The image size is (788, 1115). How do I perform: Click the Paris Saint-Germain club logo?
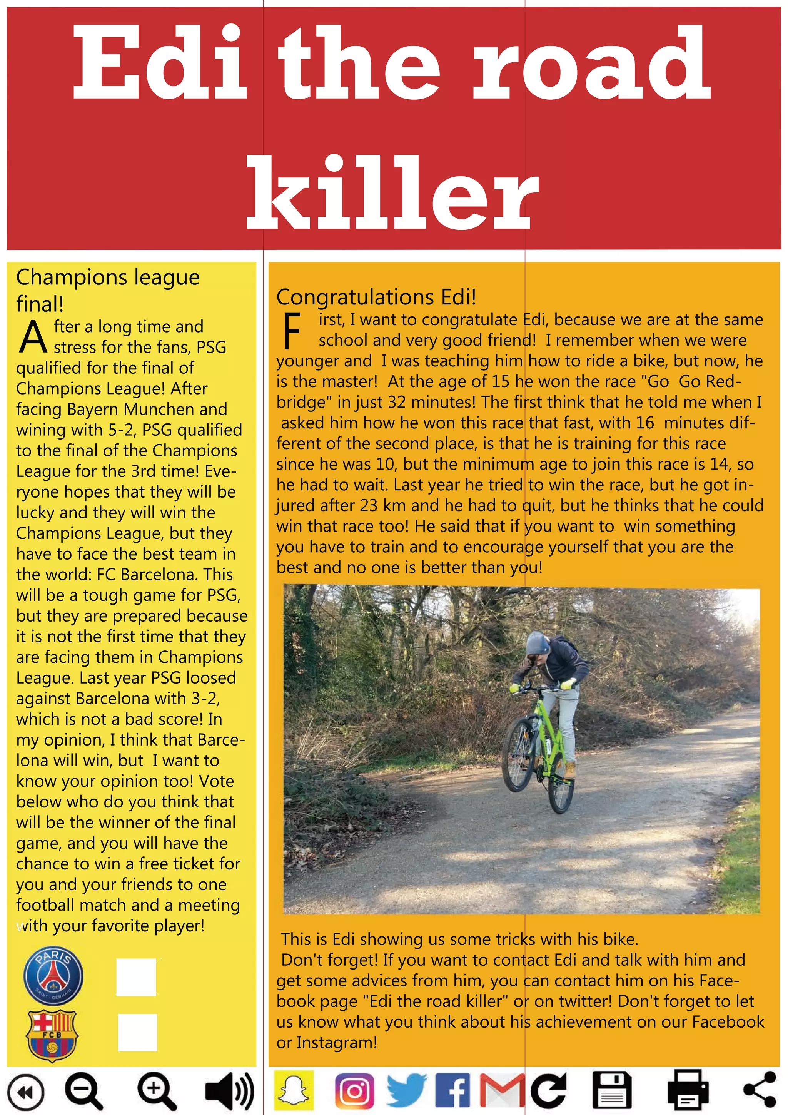pos(53,976)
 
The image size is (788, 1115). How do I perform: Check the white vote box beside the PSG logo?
pos(137,977)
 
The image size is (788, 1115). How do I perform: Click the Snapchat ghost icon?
pos(294,1090)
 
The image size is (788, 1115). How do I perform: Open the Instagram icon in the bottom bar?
pos(354,1091)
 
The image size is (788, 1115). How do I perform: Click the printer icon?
pos(688,1091)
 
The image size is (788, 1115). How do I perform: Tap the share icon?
pos(760,1091)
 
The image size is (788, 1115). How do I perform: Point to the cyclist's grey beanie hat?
pos(538,643)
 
